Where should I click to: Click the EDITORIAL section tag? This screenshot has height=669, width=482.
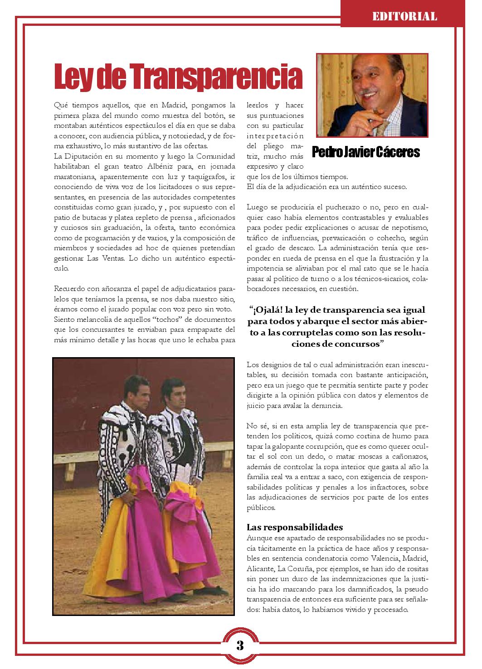[x=404, y=17]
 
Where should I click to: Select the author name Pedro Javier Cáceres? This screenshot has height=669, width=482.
[x=366, y=152]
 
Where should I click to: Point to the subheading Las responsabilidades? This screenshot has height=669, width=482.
[x=294, y=527]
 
